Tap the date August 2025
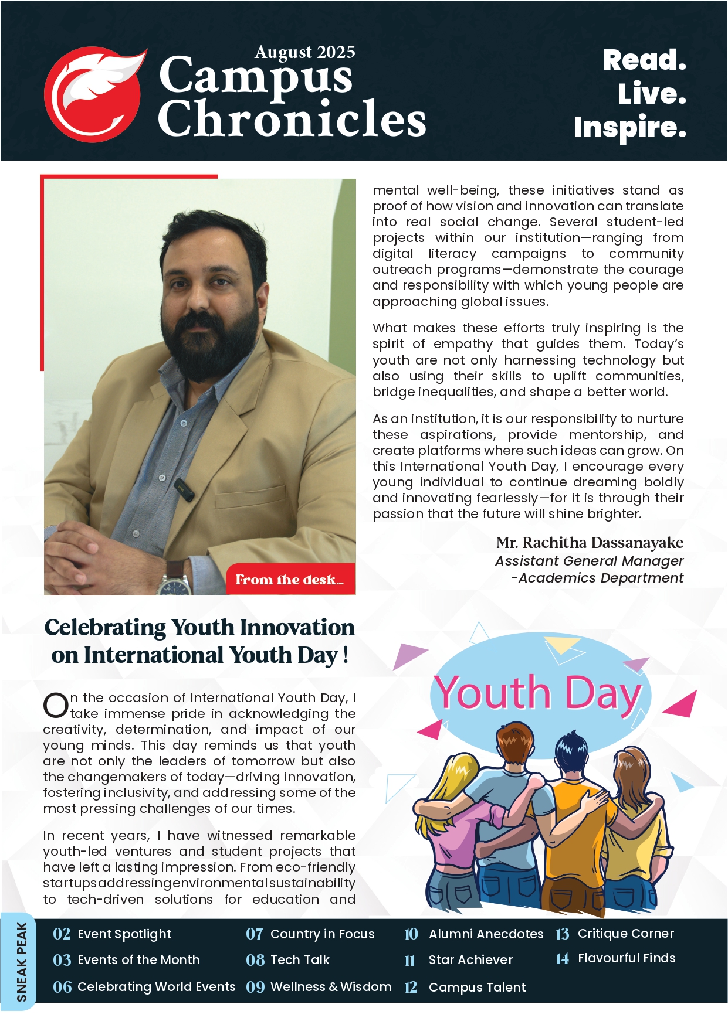tap(304, 52)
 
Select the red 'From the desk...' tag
tap(290, 580)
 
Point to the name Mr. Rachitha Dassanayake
tap(589, 543)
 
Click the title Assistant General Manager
tap(589, 561)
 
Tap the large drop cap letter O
tap(56, 705)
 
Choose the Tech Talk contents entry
tap(300, 959)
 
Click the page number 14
tap(562, 959)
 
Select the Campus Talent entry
tap(477, 987)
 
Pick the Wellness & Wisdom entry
tap(330, 986)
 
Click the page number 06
tap(62, 987)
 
